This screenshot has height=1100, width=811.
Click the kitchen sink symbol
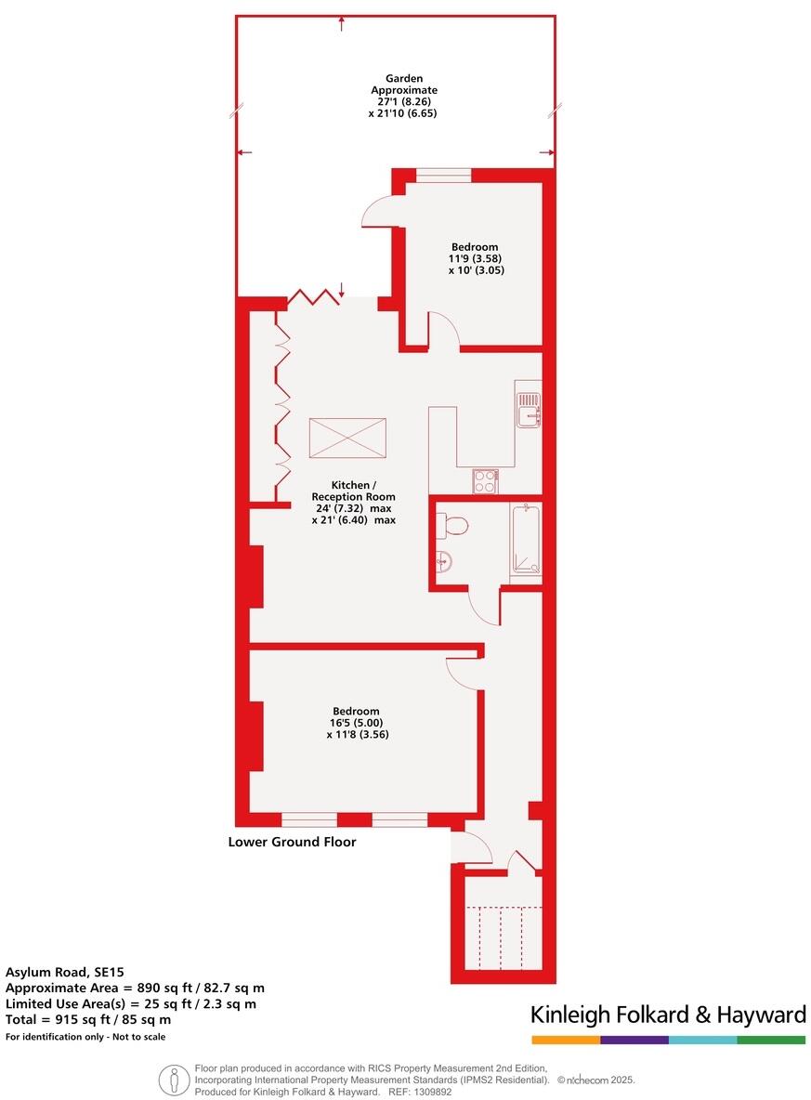(x=528, y=409)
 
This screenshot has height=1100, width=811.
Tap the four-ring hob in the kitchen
(x=486, y=480)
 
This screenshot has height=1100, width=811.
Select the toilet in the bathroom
(x=452, y=526)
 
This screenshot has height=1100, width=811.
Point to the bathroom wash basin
(x=442, y=560)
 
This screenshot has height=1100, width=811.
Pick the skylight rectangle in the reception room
(x=347, y=438)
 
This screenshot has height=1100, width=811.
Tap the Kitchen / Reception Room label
(x=354, y=491)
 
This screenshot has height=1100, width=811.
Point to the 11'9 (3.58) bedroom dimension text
(x=476, y=258)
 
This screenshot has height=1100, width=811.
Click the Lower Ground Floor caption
(x=292, y=843)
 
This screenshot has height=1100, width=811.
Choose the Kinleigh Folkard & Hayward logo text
(x=668, y=1015)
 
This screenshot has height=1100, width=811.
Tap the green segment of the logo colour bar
(x=771, y=1040)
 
